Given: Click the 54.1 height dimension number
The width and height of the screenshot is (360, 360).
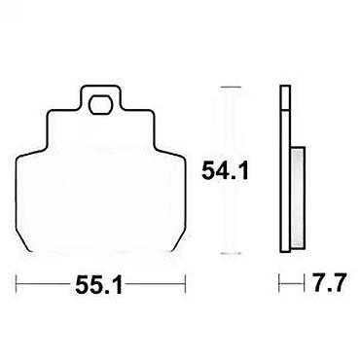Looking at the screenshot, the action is pos(225,171).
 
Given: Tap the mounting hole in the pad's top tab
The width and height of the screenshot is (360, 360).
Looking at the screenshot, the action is pos(100,105).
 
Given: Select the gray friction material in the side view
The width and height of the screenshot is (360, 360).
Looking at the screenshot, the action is pos(297,198).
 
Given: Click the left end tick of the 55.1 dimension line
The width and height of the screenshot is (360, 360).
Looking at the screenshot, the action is pos(17,284).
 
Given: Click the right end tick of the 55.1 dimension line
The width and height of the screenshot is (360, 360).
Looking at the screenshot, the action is pos(185,284).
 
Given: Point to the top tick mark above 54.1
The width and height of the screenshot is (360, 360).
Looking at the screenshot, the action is pos(231,87).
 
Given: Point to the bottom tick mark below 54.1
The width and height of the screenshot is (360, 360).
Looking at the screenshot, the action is pos(231,253).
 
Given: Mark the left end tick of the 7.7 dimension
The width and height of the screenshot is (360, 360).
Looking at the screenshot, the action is pos(279,284).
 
